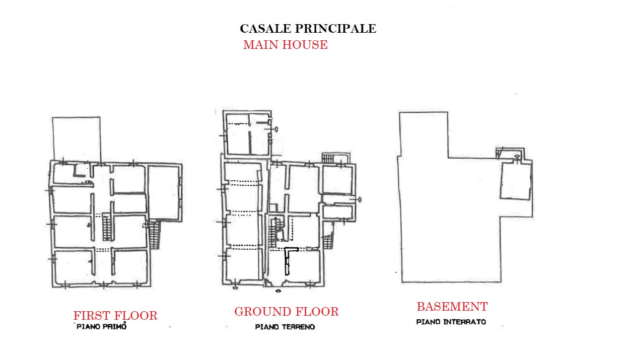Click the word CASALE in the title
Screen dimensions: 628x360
point(265,29)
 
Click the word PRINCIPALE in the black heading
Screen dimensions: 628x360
point(335,29)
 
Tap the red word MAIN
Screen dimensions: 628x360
point(261,45)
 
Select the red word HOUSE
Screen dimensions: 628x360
point(305,45)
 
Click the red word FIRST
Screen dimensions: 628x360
point(91,316)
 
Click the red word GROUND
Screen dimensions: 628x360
point(261,312)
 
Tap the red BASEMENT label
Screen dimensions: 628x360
point(452,307)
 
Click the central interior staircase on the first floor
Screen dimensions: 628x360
point(107,227)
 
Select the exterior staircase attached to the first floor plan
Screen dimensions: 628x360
point(154,235)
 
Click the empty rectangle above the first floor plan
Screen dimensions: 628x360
point(76,139)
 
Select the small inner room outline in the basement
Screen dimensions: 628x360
point(516,181)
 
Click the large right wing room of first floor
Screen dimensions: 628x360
point(164,193)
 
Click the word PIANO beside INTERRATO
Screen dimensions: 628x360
point(428,322)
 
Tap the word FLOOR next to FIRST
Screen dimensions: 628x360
point(135,316)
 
